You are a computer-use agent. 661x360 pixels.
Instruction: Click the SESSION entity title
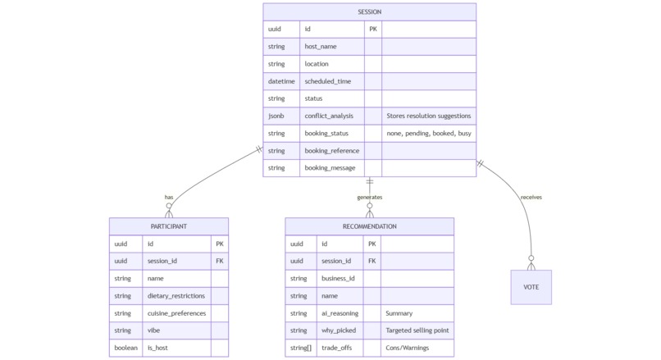click(x=369, y=11)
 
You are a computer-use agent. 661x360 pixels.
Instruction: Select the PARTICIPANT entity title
click(x=168, y=226)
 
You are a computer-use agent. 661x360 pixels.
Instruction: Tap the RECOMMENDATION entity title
click(x=369, y=226)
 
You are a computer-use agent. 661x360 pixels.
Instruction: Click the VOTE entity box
click(x=531, y=287)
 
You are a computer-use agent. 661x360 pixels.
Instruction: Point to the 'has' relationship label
click(x=169, y=197)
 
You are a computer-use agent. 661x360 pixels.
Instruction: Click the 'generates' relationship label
click(x=369, y=197)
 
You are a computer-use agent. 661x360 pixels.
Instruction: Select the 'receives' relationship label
click(x=531, y=197)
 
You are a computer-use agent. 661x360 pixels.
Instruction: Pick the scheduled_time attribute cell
click(x=327, y=81)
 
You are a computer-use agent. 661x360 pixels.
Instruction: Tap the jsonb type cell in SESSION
click(x=281, y=116)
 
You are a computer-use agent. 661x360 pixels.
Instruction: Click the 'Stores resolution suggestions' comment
click(x=428, y=116)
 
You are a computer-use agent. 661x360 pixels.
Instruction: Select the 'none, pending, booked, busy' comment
click(x=428, y=133)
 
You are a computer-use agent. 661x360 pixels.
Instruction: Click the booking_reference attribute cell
click(x=331, y=150)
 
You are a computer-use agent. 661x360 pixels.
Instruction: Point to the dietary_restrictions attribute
click(x=176, y=295)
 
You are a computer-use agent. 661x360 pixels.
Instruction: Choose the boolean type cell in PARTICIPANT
click(x=125, y=348)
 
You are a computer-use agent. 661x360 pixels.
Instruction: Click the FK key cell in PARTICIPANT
click(x=219, y=261)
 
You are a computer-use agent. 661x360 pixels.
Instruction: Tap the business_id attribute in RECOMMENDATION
click(x=338, y=278)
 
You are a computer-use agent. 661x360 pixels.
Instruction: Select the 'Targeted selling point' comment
click(x=417, y=330)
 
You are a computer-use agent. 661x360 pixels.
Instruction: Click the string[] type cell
click(x=300, y=348)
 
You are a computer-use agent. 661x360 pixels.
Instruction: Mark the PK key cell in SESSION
click(x=373, y=29)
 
